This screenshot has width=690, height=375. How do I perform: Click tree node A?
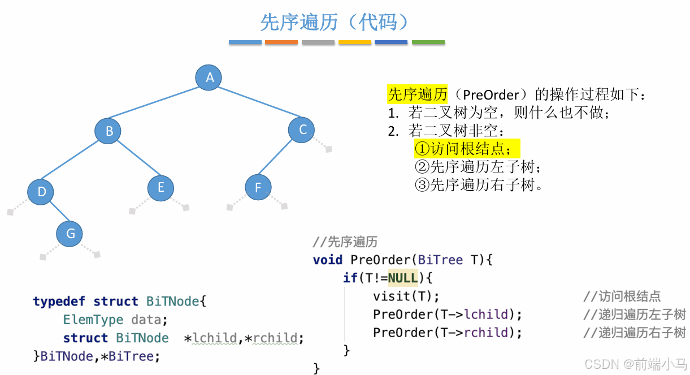click(x=209, y=77)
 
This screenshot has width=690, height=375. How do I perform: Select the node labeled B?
click(x=109, y=131)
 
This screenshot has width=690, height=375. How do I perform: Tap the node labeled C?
click(x=302, y=130)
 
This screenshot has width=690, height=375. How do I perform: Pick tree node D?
click(x=41, y=191)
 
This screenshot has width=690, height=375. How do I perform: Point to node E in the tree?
click(x=160, y=187)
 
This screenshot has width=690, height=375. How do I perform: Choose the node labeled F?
click(x=258, y=187)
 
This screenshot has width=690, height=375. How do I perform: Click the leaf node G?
click(x=70, y=233)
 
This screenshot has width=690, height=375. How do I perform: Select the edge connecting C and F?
click(x=280, y=158)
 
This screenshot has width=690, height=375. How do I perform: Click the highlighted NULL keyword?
click(x=402, y=278)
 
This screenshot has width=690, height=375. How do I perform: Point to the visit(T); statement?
click(x=406, y=296)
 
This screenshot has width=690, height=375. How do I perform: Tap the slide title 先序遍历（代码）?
click(x=335, y=22)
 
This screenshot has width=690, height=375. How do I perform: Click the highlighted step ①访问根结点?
click(x=466, y=149)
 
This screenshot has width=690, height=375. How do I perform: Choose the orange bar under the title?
click(x=281, y=42)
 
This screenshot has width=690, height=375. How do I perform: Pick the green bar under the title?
click(x=428, y=42)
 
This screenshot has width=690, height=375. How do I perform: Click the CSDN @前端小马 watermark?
click(x=635, y=364)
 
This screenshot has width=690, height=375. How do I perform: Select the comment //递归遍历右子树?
click(x=634, y=333)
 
